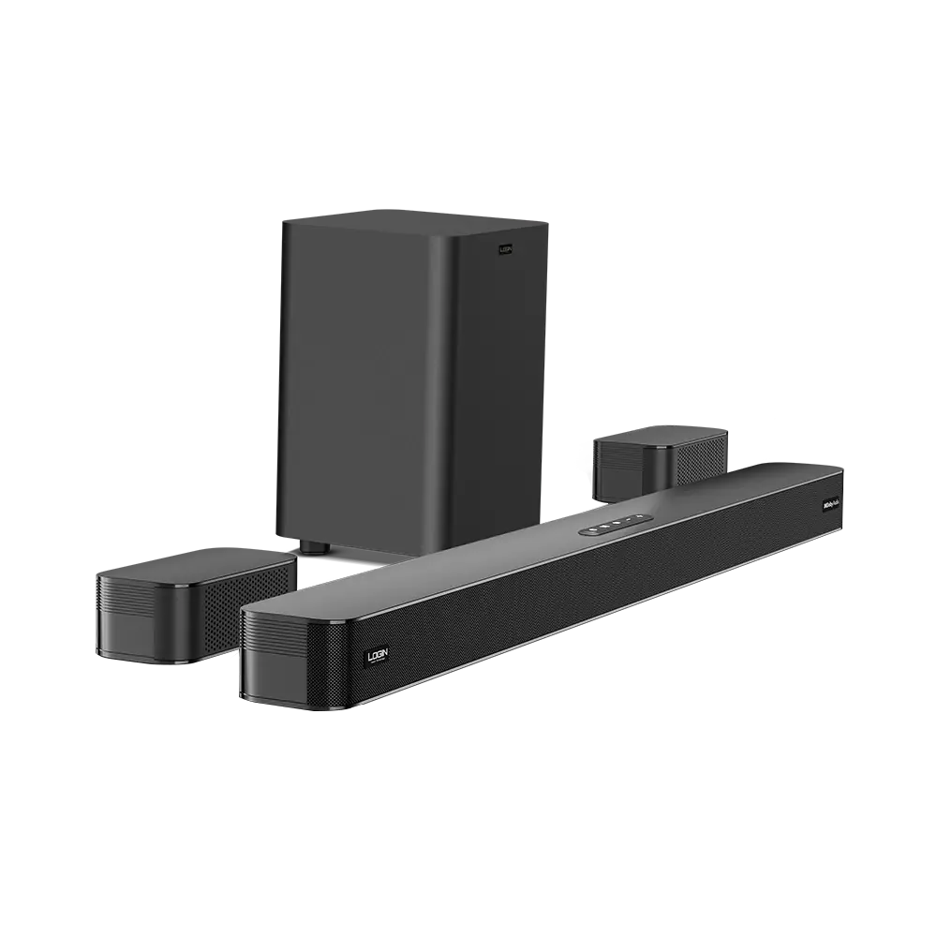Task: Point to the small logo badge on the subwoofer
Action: coord(506,249)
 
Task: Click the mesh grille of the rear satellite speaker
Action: coord(698,459)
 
